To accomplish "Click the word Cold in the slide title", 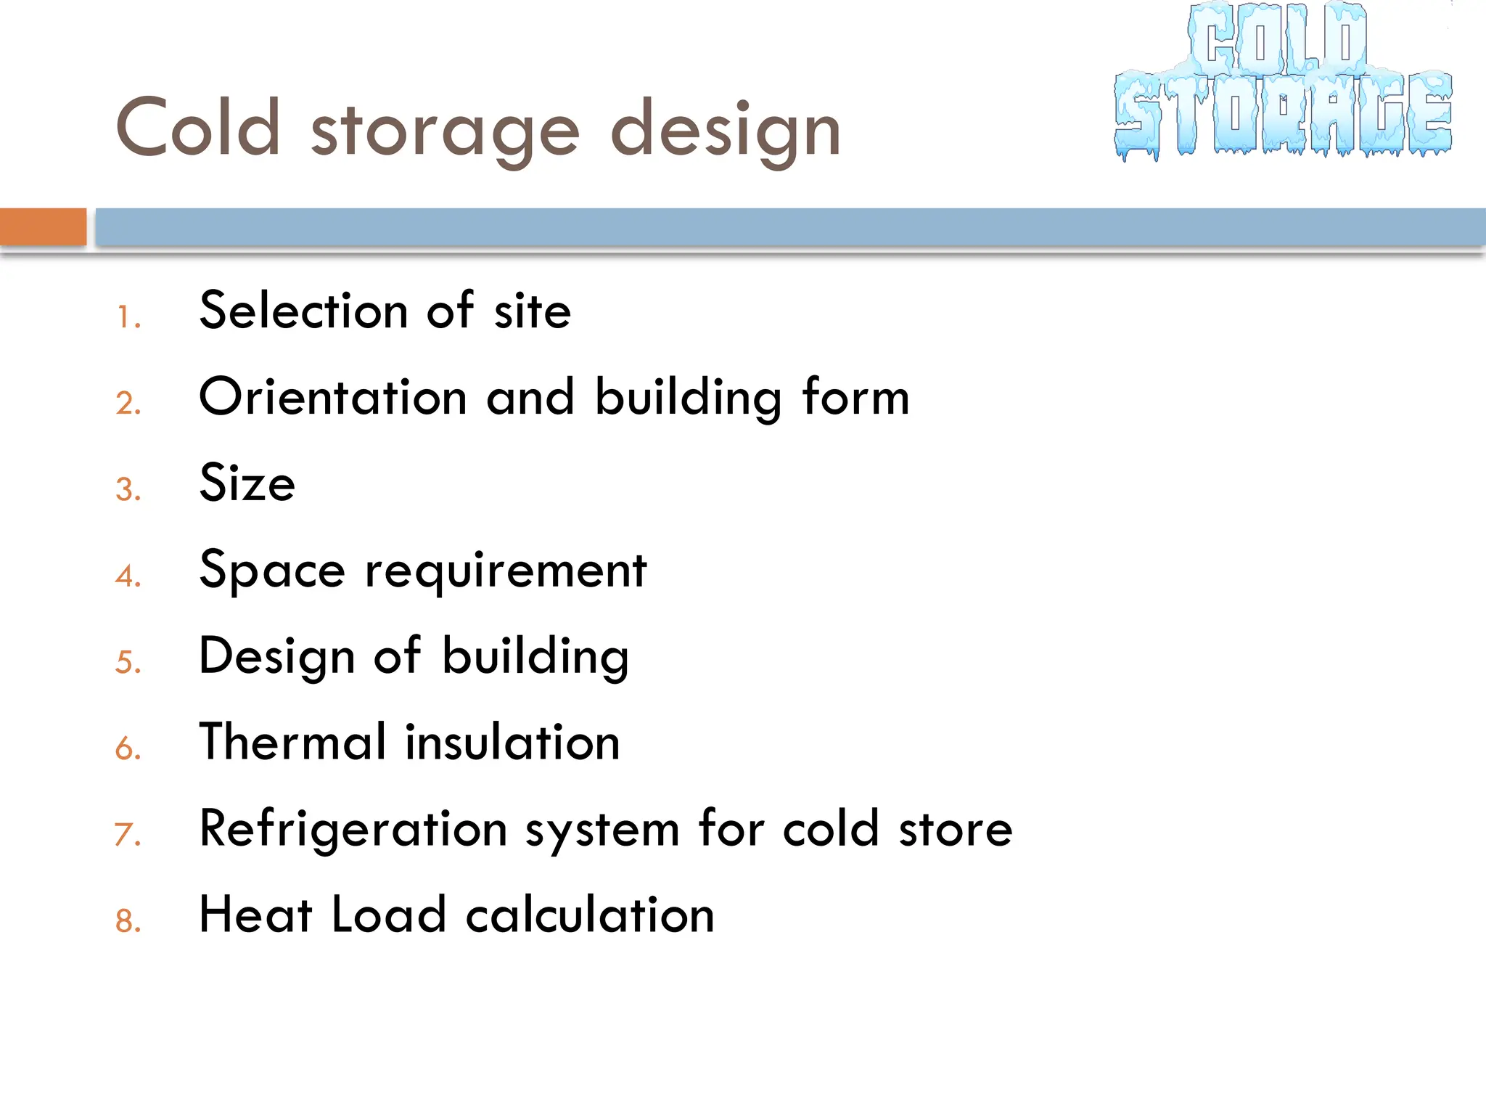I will pyautogui.click(x=198, y=128).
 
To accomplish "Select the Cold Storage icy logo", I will pyautogui.click(x=1283, y=81).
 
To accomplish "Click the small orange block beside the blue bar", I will pyautogui.click(x=43, y=226).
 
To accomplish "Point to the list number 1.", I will pyautogui.click(x=128, y=317).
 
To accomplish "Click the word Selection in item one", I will pyautogui.click(x=303, y=311).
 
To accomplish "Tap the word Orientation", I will pyautogui.click(x=333, y=397).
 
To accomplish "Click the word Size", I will pyautogui.click(x=247, y=483).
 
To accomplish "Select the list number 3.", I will pyautogui.click(x=128, y=490).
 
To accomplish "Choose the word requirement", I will pyautogui.click(x=505, y=571).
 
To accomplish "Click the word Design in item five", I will pyautogui.click(x=276, y=657).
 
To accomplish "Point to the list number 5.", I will pyautogui.click(x=128, y=663).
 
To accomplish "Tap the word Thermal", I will pyautogui.click(x=292, y=742).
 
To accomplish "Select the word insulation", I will pyautogui.click(x=512, y=742).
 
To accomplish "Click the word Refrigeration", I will pyautogui.click(x=353, y=830).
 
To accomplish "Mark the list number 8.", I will pyautogui.click(x=128, y=921).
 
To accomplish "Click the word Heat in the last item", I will pyautogui.click(x=255, y=914).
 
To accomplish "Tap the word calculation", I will pyautogui.click(x=590, y=914).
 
